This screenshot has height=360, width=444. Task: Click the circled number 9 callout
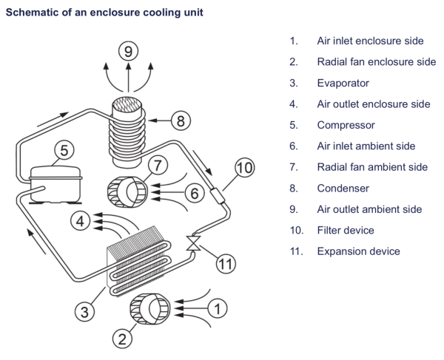coord(129,52)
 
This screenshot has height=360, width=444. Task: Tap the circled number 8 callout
coord(182,119)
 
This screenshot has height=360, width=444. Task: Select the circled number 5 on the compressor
coord(64,150)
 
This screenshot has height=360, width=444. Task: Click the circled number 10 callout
coord(243,167)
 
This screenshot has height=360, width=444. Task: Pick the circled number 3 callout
coord(86,312)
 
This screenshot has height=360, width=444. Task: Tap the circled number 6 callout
coord(193,193)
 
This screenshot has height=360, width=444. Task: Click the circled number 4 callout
coord(81,219)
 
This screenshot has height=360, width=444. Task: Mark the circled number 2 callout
coord(121,339)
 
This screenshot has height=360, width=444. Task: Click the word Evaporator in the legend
coord(343,83)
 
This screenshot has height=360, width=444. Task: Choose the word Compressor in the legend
coord(346,125)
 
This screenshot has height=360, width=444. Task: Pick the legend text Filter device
coord(346,230)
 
